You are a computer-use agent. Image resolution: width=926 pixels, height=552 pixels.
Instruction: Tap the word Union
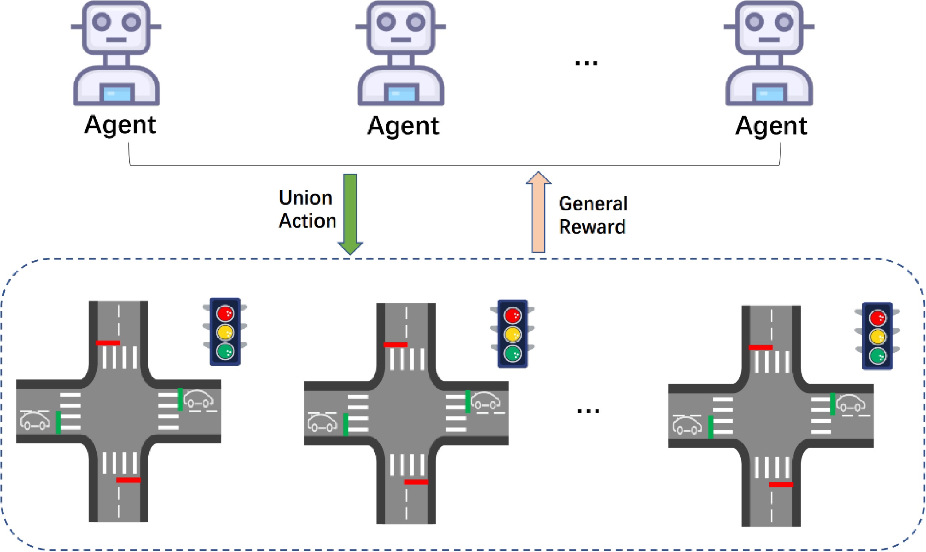tap(305, 198)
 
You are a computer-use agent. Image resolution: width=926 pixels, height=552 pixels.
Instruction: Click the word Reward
tap(592, 227)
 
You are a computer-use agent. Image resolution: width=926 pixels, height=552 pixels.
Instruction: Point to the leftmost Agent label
tap(120, 126)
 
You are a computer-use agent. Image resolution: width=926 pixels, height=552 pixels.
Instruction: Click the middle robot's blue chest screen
tap(401, 93)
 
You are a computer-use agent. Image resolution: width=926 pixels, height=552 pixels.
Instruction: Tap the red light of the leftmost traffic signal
tap(225, 313)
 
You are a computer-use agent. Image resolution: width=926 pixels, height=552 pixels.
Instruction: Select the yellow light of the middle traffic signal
tap(512, 334)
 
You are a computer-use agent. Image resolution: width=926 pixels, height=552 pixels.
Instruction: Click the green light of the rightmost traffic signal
tap(877, 356)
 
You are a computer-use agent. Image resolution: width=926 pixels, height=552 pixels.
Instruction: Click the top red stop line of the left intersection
tap(108, 343)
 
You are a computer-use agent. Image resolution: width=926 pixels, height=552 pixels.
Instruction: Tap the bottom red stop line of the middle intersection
tap(416, 482)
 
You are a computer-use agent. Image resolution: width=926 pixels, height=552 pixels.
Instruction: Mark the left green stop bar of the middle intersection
tap(346, 424)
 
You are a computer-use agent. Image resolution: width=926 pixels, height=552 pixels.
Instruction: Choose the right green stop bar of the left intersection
tap(180, 399)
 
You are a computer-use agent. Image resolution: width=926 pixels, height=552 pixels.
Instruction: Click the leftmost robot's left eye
tap(101, 22)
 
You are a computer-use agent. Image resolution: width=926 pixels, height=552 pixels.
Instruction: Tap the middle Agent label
tap(403, 126)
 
